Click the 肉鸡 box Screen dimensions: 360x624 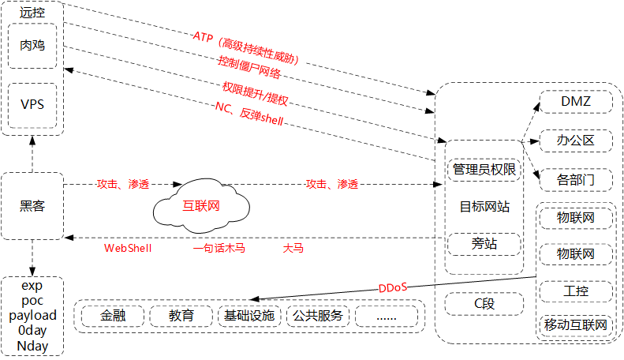[x=32, y=46]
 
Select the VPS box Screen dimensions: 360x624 [x=32, y=104]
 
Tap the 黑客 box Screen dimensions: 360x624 [x=32, y=206]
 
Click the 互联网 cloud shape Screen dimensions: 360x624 [x=201, y=207]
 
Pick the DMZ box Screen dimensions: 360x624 [x=575, y=103]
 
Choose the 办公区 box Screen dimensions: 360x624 [x=575, y=141]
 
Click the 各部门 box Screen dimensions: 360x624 [x=575, y=179]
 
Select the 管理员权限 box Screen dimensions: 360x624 [x=484, y=169]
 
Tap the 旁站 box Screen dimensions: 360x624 [x=484, y=244]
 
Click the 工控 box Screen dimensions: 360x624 [x=575, y=292]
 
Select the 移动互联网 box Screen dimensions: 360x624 [x=575, y=324]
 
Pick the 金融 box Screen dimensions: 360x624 [x=113, y=316]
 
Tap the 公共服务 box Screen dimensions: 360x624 [x=317, y=316]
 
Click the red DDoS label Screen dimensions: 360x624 [x=393, y=287]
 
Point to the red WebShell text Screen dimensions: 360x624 [x=128, y=248]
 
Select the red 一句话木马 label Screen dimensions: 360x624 [x=219, y=248]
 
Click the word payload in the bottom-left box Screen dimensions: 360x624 [x=32, y=316]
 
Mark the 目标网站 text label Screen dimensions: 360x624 [x=484, y=207]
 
